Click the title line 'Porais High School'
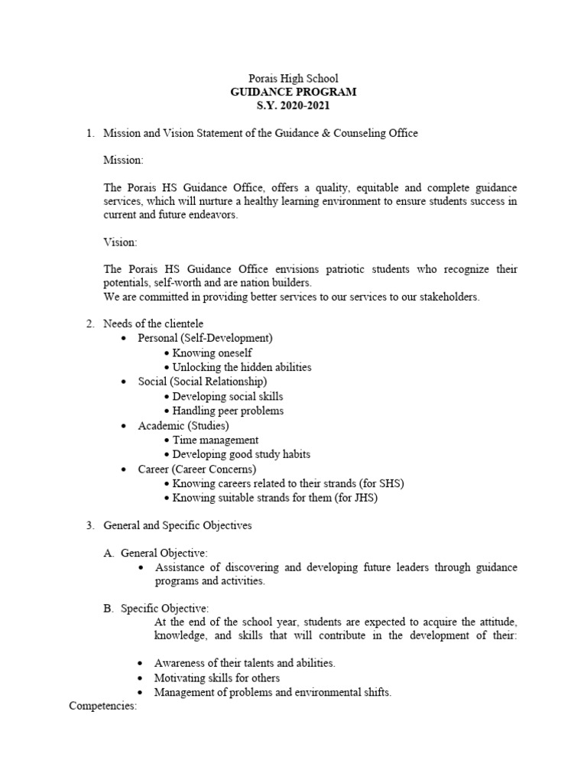(x=293, y=78)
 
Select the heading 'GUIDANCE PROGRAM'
(x=293, y=92)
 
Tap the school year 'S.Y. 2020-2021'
(x=293, y=105)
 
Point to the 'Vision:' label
(x=120, y=242)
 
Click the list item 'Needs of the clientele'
(x=154, y=323)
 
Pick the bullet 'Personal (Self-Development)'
(x=205, y=338)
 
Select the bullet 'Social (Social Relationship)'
(x=203, y=382)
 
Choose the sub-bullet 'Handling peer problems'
(x=228, y=411)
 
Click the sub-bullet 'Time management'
(x=215, y=440)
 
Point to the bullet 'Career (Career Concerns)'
(x=196, y=469)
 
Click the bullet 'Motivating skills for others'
(x=216, y=678)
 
